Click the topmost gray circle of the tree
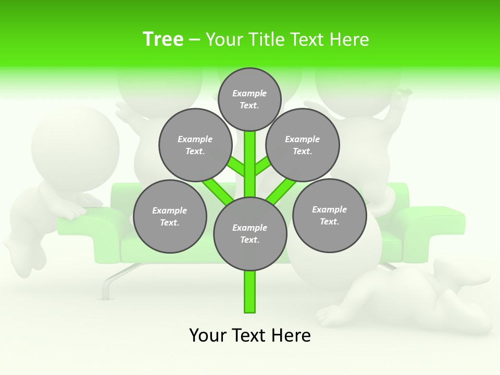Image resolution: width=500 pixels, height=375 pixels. pos(249,99)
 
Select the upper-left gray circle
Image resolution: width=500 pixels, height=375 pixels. pos(195,145)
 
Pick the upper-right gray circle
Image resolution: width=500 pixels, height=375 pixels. pos(303,145)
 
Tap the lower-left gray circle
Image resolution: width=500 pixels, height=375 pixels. pos(170,216)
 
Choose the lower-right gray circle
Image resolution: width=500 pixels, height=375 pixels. pos(329,215)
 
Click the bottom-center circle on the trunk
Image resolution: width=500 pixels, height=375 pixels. pos(250,233)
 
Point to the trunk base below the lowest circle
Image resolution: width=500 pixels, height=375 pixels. pos(250,292)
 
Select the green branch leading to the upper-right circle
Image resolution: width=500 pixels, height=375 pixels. pos(262,167)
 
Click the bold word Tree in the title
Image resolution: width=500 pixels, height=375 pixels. pos(163,39)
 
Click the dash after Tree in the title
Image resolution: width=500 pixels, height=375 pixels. pos(194,40)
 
